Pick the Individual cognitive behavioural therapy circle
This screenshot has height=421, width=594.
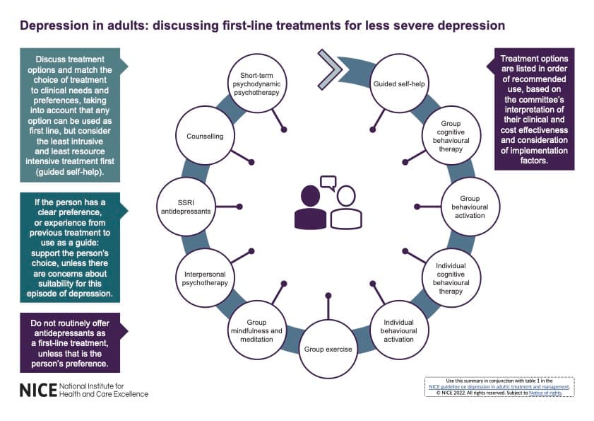click(450, 277)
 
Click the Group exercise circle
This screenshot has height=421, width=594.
click(328, 348)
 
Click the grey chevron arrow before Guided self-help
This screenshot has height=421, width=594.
click(329, 69)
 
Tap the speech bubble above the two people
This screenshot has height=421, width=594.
click(328, 183)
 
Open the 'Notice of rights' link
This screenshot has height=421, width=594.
click(551, 393)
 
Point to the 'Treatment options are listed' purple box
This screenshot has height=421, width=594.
click(533, 109)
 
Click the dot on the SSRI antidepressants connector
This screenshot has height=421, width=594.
click(240, 207)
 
